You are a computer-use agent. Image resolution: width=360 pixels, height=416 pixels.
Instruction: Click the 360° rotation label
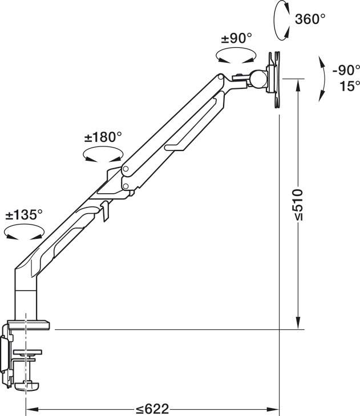[x=310, y=19]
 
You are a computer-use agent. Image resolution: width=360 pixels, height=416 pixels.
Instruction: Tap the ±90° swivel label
[x=236, y=39]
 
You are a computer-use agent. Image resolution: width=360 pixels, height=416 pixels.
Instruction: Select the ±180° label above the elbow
[x=103, y=137]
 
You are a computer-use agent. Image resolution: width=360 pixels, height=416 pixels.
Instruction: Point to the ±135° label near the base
[x=24, y=214]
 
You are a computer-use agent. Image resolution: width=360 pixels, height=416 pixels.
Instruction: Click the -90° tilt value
[x=346, y=70]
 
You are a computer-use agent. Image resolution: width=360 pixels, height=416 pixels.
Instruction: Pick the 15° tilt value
[x=350, y=86]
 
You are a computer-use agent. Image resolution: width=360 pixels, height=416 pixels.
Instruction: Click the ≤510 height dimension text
[x=298, y=204]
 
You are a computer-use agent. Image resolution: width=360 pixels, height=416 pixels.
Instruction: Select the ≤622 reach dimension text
[x=152, y=409]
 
